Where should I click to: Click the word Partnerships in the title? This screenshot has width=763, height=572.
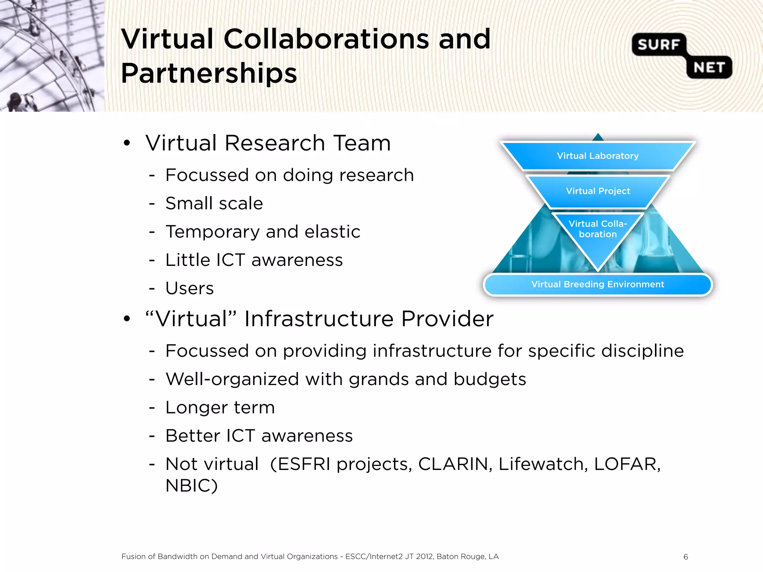[x=209, y=73]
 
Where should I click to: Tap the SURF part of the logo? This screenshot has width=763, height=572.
[x=658, y=45]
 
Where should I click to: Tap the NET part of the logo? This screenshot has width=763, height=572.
[x=709, y=68]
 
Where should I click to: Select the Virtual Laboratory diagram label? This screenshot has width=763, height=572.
[x=598, y=156]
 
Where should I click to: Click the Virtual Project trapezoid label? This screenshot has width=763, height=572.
[x=598, y=191]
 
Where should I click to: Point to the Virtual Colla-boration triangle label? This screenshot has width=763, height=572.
[x=598, y=229]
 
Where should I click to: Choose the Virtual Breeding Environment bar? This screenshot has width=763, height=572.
[x=598, y=285]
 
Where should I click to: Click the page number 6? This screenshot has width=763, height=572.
[x=686, y=557]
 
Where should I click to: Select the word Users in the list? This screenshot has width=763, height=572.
[x=190, y=288]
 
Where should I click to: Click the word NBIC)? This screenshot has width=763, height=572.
[x=191, y=486]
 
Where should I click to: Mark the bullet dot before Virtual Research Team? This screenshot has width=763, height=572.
[x=127, y=143]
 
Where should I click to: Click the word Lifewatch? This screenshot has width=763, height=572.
[x=543, y=464]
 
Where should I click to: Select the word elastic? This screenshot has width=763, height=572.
[x=332, y=232]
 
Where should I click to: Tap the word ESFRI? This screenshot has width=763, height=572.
[x=304, y=464]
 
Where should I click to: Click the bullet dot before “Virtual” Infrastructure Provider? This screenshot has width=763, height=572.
[x=127, y=319]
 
